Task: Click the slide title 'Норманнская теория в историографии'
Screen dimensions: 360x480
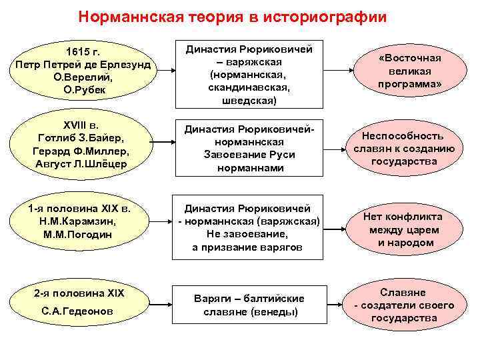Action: pyautogui.click(x=232, y=16)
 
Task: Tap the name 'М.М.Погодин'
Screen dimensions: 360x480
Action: pyautogui.click(x=82, y=235)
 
